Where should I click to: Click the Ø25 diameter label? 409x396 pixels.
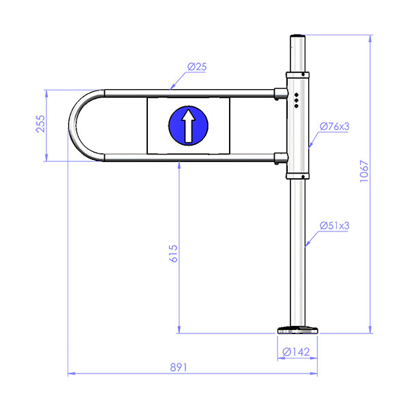coord(196,67)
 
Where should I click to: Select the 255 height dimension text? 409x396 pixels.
coord(40,125)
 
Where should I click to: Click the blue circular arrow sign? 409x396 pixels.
coord(187,125)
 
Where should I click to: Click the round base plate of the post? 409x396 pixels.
coord(298,331)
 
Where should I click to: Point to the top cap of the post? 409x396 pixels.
coord(298,35)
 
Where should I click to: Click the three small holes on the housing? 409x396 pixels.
coord(298,100)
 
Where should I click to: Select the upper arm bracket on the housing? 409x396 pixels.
coord(279,93)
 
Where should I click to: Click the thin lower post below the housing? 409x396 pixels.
coord(298,252)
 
